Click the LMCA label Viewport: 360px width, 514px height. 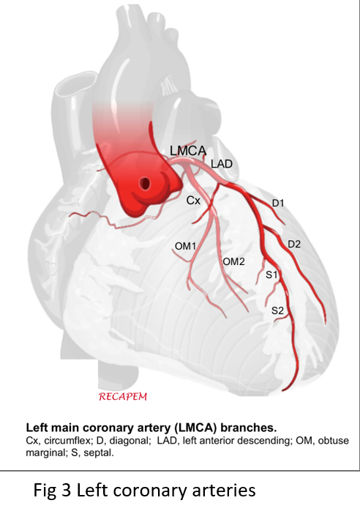(188, 150)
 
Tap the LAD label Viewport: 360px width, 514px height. (222, 163)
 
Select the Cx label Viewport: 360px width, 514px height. (193, 200)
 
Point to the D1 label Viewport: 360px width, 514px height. (278, 204)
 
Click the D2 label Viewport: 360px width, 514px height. (294, 245)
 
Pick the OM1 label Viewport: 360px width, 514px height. (185, 246)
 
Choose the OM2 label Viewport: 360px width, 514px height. (233, 261)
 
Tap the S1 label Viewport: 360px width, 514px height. (271, 275)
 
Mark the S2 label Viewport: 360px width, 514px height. (277, 310)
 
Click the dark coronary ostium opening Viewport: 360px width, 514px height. (144, 183)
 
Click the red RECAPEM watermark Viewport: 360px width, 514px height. (123, 397)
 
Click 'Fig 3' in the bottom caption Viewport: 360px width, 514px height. (52, 491)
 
